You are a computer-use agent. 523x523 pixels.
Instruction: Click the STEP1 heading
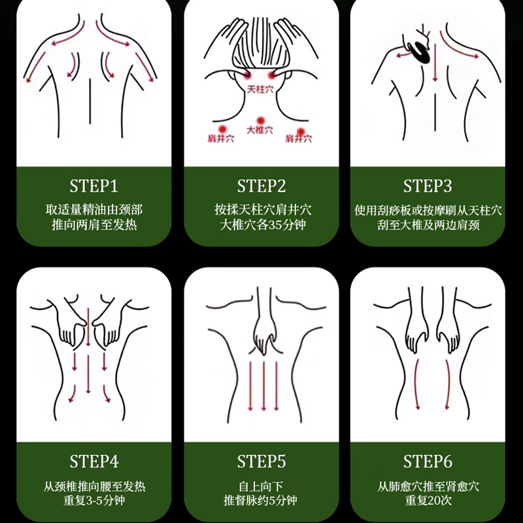click(x=94, y=186)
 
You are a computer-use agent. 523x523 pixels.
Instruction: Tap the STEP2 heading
click(x=261, y=186)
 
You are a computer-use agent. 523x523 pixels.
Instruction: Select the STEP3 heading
click(x=428, y=186)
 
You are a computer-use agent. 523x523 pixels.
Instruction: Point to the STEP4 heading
click(x=94, y=462)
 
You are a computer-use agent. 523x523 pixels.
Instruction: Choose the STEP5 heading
click(x=261, y=462)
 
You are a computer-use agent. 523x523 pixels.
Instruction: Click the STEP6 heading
click(x=428, y=462)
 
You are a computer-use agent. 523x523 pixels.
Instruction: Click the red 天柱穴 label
click(x=260, y=90)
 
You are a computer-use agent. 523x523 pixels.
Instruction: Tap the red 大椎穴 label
click(x=260, y=130)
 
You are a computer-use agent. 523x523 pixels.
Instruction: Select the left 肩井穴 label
click(x=221, y=139)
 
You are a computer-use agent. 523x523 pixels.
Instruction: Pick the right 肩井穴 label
click(x=299, y=139)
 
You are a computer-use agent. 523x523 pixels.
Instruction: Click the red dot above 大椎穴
click(x=260, y=120)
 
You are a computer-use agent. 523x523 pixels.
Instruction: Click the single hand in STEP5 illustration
click(x=265, y=333)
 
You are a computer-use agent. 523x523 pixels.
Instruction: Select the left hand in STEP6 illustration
click(x=416, y=330)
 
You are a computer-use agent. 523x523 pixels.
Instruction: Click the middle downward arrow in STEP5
click(x=263, y=386)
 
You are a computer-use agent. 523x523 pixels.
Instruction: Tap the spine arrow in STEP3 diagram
click(x=435, y=63)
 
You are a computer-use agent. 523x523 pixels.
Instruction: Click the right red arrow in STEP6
click(x=448, y=384)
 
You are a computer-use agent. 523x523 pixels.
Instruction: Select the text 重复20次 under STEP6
click(x=428, y=500)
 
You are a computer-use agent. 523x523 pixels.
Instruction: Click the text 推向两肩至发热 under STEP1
click(x=94, y=224)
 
